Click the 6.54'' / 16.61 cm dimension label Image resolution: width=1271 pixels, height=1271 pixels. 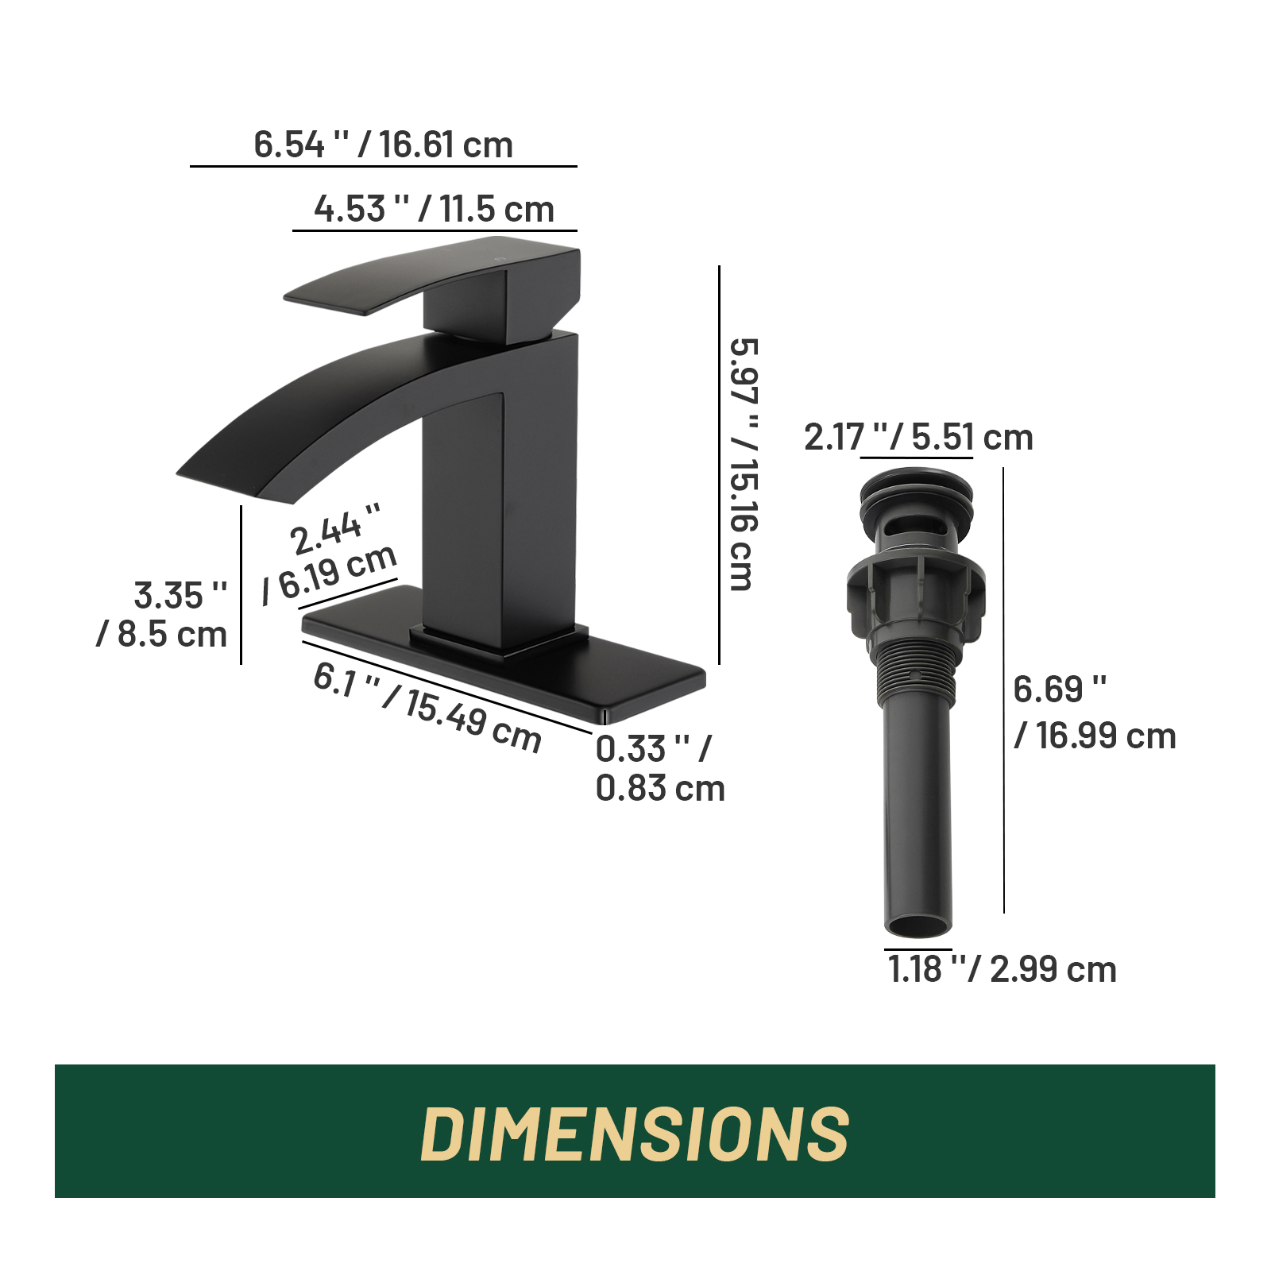(x=383, y=145)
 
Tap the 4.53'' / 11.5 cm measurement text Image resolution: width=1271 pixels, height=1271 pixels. (x=434, y=209)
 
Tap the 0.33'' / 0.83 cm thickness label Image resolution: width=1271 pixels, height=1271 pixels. (x=660, y=768)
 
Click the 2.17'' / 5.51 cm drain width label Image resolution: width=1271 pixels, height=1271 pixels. (x=918, y=437)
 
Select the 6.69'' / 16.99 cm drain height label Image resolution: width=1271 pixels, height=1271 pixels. (x=1095, y=713)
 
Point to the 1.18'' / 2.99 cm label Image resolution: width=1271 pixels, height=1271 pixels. (x=1003, y=969)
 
